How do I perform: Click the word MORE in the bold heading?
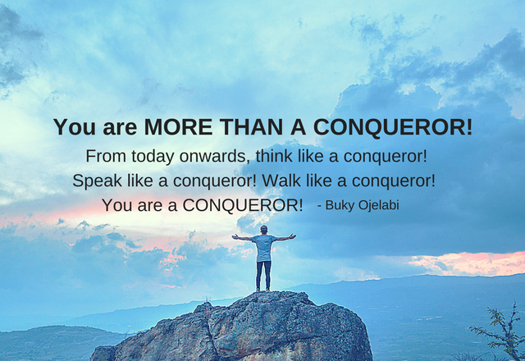tap(178, 127)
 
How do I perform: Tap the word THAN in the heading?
tap(251, 127)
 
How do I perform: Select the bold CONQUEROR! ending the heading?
tap(393, 128)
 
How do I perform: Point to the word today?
tap(153, 157)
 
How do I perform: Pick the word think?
tap(274, 156)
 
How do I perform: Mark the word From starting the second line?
tap(106, 156)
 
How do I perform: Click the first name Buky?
tap(340, 205)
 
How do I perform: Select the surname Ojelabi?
tap(379, 205)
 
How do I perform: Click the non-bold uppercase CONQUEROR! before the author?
tap(243, 205)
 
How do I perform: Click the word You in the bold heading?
tap(74, 127)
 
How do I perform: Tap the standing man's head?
tap(264, 230)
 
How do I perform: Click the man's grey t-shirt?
tap(264, 248)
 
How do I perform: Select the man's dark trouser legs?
tap(264, 275)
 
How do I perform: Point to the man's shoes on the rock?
tap(262, 290)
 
